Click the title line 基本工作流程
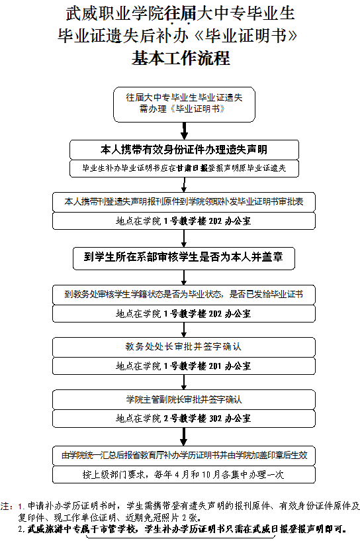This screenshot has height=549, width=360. point(181,58)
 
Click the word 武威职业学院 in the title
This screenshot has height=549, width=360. point(115,13)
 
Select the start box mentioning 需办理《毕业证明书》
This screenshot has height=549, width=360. point(185,105)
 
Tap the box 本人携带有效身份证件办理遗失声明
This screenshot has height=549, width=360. point(184,150)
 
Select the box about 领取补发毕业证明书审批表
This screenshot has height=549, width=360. point(184,202)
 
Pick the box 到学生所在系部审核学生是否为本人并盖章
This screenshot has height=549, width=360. point(184,258)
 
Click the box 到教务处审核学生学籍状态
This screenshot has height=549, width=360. point(184,295)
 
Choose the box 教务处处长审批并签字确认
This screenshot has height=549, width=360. point(184,347)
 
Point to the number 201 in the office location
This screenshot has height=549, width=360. point(215,366)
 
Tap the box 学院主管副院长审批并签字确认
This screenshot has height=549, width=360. point(184,399)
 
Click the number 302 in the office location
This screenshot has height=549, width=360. point(215,419)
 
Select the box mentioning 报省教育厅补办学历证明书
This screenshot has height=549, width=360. point(184,456)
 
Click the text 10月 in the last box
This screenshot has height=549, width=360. point(211,475)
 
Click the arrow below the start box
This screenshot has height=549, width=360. point(185,131)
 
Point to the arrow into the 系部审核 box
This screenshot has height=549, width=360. point(184,239)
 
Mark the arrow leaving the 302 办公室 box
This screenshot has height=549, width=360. point(184,436)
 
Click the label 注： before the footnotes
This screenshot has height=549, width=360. point(8,506)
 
